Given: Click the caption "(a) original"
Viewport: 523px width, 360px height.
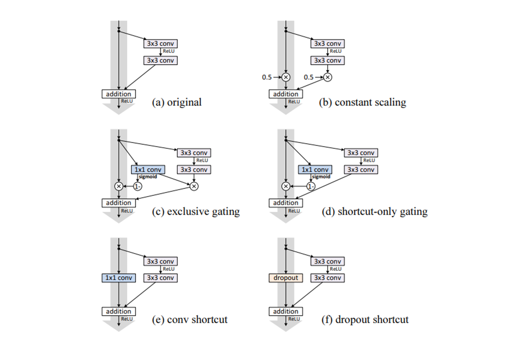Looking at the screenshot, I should tap(177, 102).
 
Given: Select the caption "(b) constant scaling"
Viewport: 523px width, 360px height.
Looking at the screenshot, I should tap(363, 102).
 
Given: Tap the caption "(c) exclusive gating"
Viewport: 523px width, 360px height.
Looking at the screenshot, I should tap(196, 211).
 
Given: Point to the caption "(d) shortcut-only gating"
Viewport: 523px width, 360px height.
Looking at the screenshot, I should tap(374, 211).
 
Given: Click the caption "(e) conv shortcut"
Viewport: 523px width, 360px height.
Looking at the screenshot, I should tap(190, 320).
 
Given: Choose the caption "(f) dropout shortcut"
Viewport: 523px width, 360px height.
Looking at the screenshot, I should tap(365, 320).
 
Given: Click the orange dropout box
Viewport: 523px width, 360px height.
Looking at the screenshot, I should tap(286, 278).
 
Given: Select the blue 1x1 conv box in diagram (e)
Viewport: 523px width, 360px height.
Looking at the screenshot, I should tap(118, 278).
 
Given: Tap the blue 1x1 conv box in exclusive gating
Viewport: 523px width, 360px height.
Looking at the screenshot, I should tap(148, 170).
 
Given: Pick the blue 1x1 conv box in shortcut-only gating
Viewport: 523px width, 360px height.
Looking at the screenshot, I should tap(315, 170).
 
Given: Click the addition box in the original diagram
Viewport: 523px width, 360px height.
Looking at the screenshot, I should tap(118, 94).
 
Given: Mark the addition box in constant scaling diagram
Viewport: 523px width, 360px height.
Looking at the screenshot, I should tap(286, 94).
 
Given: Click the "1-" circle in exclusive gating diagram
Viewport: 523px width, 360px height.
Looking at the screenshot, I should tap(137, 186).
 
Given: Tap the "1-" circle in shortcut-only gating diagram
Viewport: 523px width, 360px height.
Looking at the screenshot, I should tap(311, 186).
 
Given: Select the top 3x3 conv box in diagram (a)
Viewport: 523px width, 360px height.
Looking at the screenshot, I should tap(160, 43).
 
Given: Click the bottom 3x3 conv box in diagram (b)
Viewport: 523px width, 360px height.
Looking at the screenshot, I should tap(327, 61).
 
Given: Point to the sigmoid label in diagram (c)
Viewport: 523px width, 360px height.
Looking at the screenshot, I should tap(148, 177).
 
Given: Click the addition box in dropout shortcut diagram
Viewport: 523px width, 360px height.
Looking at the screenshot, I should tap(286, 311).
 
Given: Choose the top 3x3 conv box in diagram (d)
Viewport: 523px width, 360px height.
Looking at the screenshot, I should tap(361, 153).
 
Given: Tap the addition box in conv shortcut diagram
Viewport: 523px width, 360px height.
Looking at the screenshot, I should tap(118, 311).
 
